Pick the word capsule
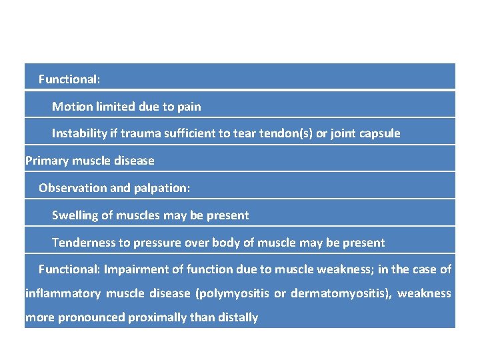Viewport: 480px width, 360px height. (378, 133)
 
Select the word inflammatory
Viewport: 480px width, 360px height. (63, 293)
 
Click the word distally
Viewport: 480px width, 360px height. (237, 317)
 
